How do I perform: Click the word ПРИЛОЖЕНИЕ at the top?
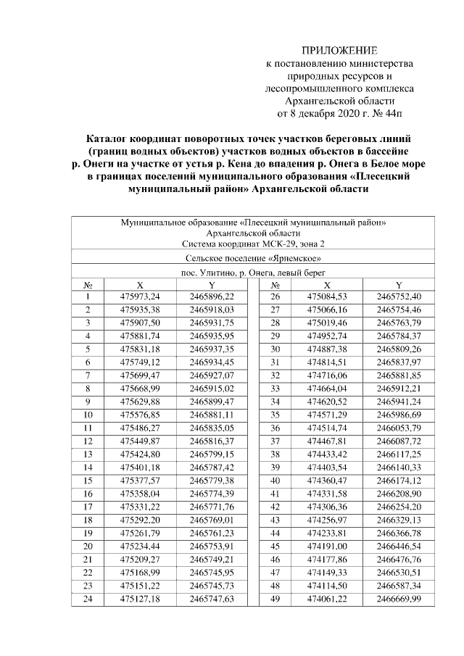click(x=339, y=51)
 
